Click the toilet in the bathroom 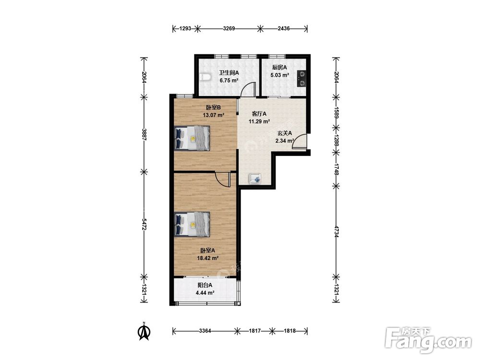coord(204,77)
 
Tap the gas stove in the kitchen coord(301,78)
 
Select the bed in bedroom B coord(192,138)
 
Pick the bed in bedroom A coord(192,224)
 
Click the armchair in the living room coord(255,179)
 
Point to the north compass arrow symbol coord(144,331)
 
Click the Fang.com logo coord(428,340)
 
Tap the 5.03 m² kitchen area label coord(280,75)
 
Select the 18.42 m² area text coord(207,258)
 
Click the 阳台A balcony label coord(205,285)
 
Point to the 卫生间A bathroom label coord(228,73)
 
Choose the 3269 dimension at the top coord(228,29)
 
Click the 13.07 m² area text coord(214,115)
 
